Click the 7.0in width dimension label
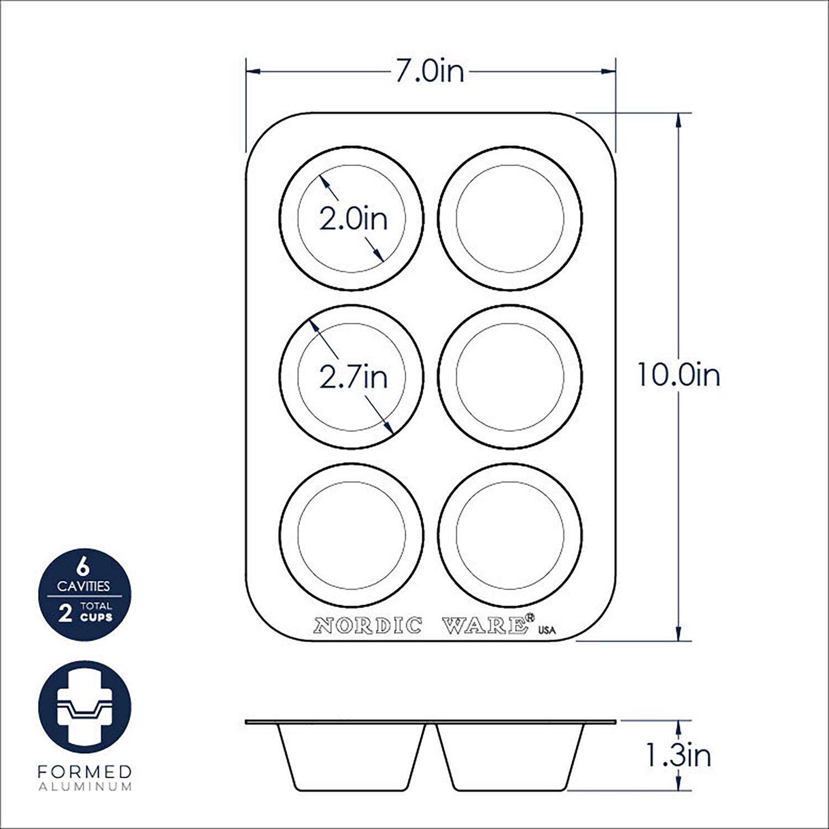coord(429,71)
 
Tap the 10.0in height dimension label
coord(679,375)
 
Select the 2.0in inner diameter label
coord(353,219)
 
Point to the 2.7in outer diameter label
coord(353,377)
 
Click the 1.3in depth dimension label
coord(678,755)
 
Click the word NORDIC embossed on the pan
coord(368,626)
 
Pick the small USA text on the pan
coord(547,631)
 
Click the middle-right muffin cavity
coord(510,376)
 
